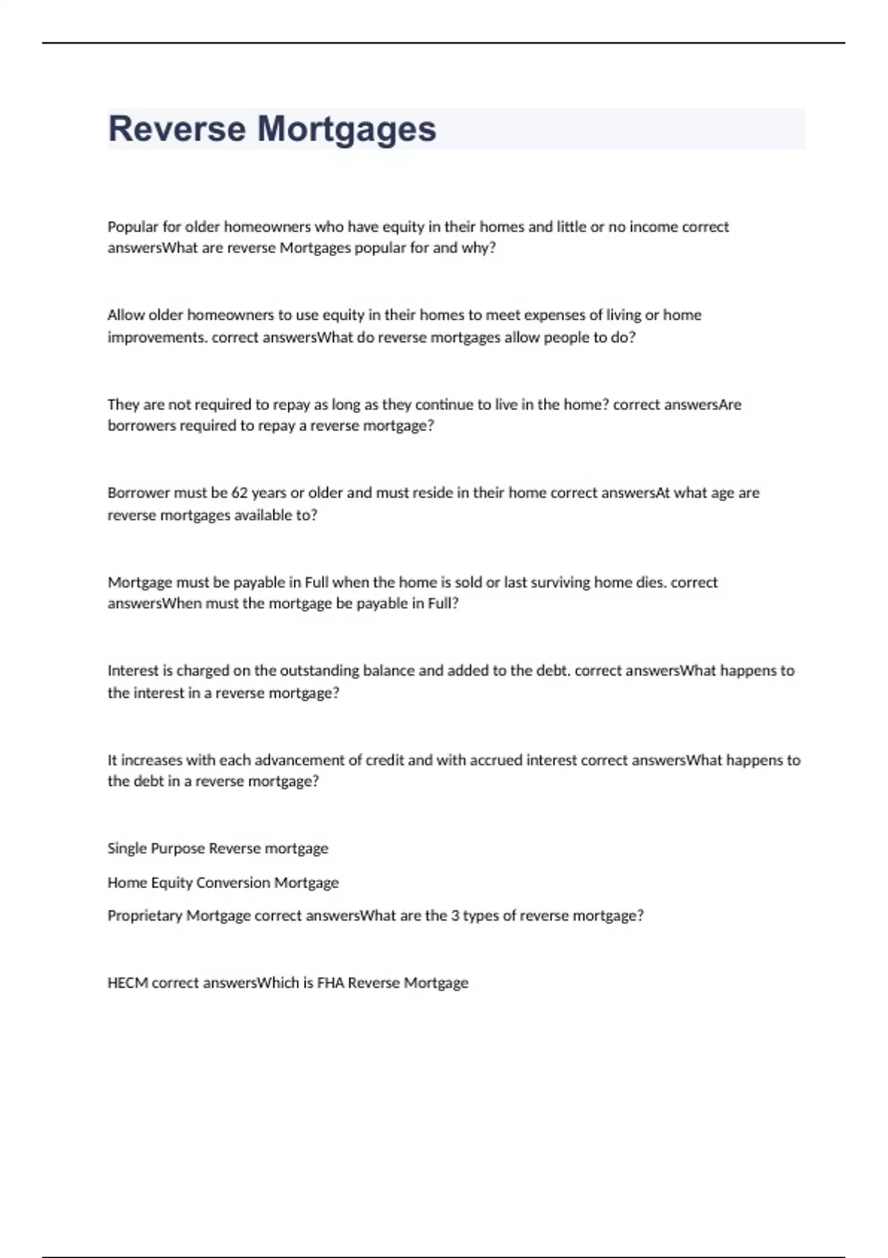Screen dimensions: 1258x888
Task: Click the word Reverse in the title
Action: tap(176, 129)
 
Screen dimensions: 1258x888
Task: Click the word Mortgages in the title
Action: tap(346, 130)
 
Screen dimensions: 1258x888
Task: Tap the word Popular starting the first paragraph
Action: tap(133, 226)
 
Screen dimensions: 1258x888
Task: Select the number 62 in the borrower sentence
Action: tap(239, 493)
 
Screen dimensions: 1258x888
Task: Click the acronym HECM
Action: tap(127, 983)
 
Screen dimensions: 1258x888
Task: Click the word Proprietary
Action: tap(144, 916)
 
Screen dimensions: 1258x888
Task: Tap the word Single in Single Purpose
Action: tap(127, 849)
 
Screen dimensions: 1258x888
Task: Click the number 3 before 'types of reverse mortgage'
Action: tap(455, 915)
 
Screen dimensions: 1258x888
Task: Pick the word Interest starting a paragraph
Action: tap(132, 670)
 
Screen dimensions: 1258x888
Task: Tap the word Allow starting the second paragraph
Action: tap(125, 315)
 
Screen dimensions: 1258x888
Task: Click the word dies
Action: tap(650, 582)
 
